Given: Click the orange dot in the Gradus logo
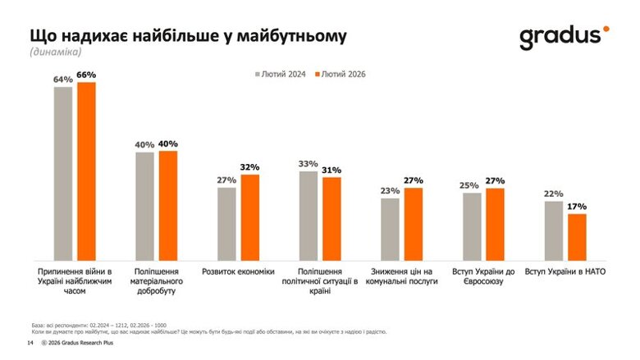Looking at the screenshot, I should [606, 29].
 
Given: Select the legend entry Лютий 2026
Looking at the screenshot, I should [339, 75].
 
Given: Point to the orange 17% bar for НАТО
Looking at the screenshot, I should [577, 236].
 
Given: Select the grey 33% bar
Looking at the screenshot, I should [309, 214].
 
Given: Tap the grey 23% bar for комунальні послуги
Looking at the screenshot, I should [390, 228].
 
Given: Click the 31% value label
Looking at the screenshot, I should [331, 171].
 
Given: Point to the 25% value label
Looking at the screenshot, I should [471, 186].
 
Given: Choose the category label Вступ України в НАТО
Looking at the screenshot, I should [565, 271].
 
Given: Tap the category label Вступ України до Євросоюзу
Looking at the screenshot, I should [483, 276].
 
